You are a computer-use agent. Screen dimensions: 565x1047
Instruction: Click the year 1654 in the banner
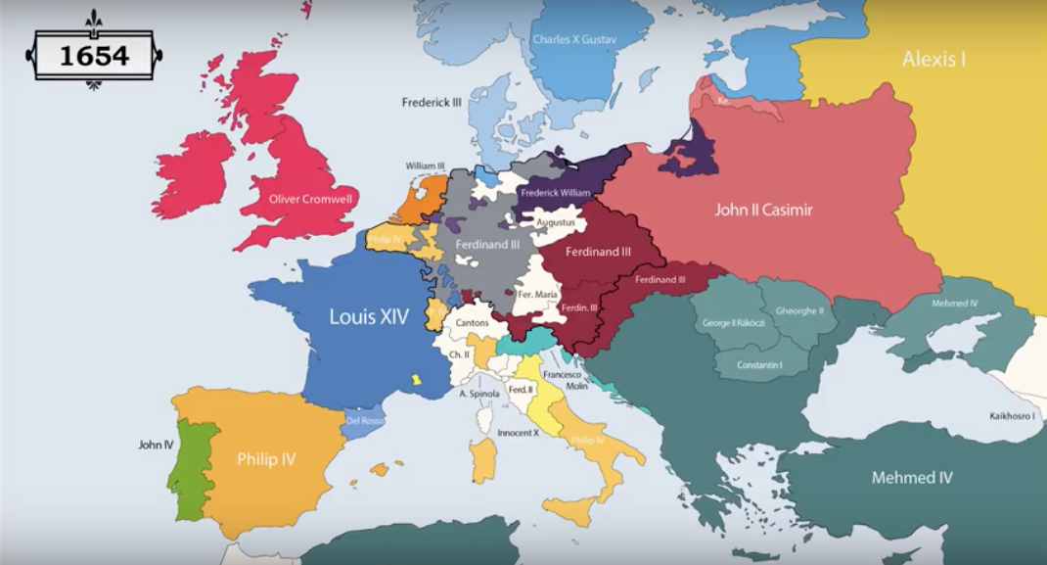94,56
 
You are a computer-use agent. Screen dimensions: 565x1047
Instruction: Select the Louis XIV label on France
369,316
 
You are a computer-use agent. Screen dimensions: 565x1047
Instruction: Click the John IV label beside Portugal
156,445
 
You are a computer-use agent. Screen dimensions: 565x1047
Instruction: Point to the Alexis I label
933,59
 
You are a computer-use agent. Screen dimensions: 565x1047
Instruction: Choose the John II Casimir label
763,209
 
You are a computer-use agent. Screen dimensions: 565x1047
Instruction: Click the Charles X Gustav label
574,40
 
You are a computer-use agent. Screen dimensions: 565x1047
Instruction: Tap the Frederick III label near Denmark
432,102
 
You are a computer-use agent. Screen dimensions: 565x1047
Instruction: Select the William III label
426,166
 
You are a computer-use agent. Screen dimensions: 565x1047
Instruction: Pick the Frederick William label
556,193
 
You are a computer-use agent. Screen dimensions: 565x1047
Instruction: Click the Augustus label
555,222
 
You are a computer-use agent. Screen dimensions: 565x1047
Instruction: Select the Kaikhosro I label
1011,415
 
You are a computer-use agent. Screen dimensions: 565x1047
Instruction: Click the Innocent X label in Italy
519,432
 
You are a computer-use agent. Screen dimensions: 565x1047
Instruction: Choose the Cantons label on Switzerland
473,322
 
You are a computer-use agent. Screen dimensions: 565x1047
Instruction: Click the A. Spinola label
479,394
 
